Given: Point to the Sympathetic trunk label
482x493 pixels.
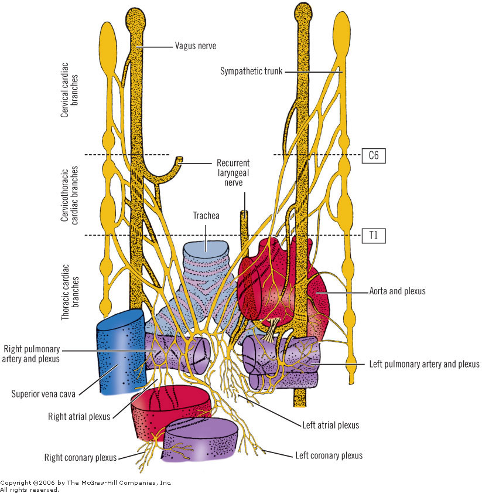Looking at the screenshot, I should [251, 71].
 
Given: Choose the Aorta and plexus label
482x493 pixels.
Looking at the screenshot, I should [397, 291].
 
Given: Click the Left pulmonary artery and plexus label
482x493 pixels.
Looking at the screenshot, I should [425, 364].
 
